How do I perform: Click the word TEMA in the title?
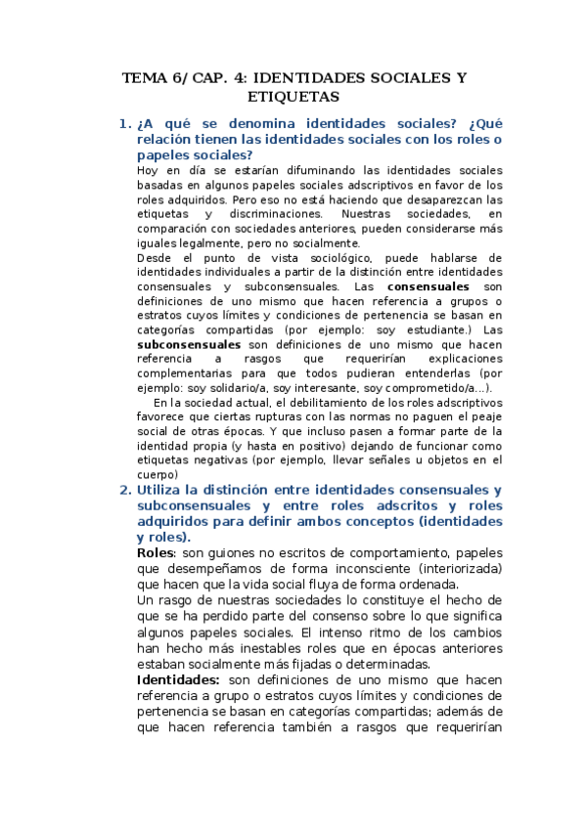click(144, 77)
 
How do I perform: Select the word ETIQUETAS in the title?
click(293, 97)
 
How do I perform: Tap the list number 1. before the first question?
click(124, 124)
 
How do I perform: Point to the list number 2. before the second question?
click(124, 490)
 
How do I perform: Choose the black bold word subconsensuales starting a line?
click(189, 345)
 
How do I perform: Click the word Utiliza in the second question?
click(162, 490)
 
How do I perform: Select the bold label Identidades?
click(179, 680)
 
